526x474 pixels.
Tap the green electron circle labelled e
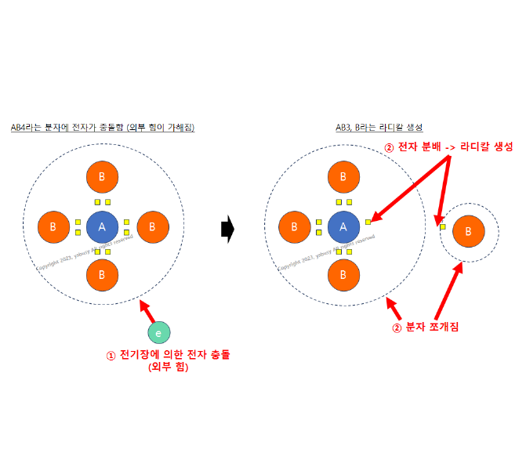(159, 333)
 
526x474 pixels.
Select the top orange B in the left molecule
(102, 177)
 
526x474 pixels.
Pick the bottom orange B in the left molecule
(102, 275)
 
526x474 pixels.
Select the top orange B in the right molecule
(343, 177)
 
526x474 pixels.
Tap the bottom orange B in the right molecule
(343, 275)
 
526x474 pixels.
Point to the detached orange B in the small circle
(468, 231)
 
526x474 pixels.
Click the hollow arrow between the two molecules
(228, 229)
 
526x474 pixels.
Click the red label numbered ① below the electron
(169, 355)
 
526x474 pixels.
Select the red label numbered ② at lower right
(425, 327)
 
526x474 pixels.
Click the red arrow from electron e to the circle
(148, 313)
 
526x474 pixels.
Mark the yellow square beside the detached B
(442, 227)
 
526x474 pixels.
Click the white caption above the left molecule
(102, 127)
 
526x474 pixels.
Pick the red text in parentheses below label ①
(168, 367)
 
